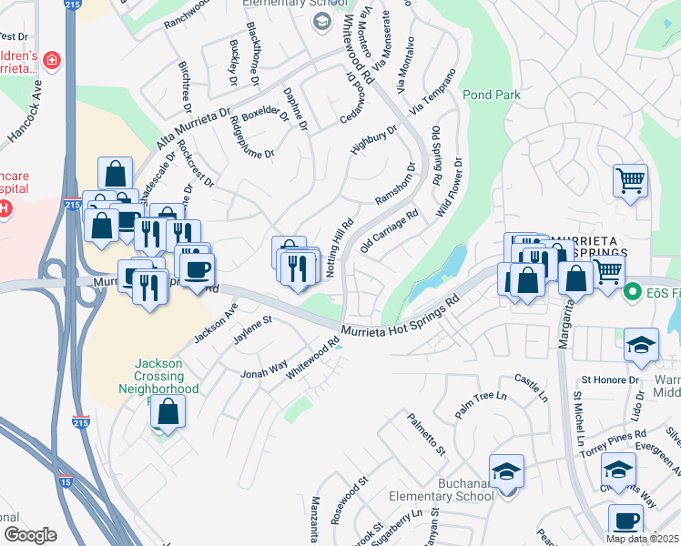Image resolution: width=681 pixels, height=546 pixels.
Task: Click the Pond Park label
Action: (x=491, y=94)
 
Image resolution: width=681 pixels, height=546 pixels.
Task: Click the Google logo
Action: (x=29, y=535)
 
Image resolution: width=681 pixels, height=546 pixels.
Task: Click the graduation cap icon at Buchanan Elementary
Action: (x=506, y=471)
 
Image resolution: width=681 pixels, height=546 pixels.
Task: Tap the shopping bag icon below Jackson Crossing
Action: (x=168, y=411)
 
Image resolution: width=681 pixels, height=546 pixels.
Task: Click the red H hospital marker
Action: (x=4, y=208)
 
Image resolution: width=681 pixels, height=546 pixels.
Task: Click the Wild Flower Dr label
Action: (x=450, y=187)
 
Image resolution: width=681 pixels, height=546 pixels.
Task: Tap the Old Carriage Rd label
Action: (x=390, y=231)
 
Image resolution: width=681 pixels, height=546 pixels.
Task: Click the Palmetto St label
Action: (x=427, y=432)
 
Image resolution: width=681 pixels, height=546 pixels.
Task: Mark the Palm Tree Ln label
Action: (x=480, y=402)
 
